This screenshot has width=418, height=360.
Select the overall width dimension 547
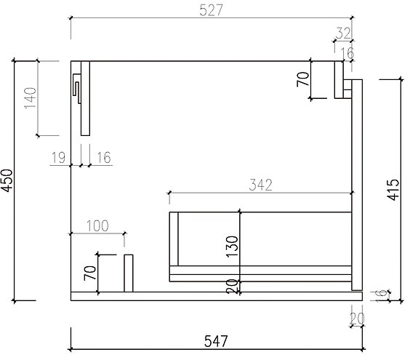(x=216, y=340)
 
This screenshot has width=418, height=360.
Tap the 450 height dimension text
(x=7, y=181)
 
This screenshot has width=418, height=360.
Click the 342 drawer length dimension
(x=260, y=185)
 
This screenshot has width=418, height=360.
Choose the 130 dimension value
(x=232, y=247)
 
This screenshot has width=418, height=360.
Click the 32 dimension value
(x=343, y=32)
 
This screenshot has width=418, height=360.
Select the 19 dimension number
(x=59, y=157)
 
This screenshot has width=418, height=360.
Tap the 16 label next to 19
(x=103, y=157)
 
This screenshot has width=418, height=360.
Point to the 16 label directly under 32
(x=347, y=52)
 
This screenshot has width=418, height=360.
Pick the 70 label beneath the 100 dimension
(x=90, y=273)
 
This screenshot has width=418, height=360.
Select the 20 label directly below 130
(x=232, y=287)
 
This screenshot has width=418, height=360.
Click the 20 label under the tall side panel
(x=356, y=318)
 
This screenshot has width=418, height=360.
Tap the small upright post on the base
(x=129, y=273)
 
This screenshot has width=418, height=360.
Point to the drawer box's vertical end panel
(x=174, y=239)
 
